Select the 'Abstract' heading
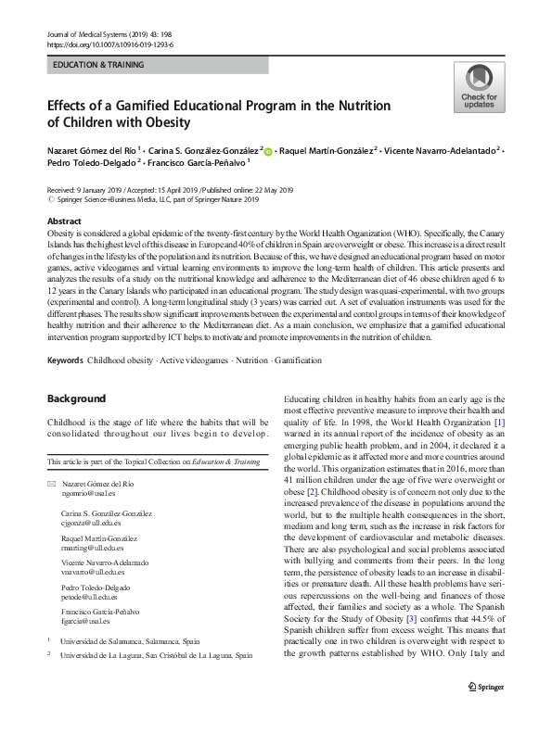coord(64,221)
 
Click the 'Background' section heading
coord(77,398)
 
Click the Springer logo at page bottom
coord(485,711)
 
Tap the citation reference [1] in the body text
coord(499,423)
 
